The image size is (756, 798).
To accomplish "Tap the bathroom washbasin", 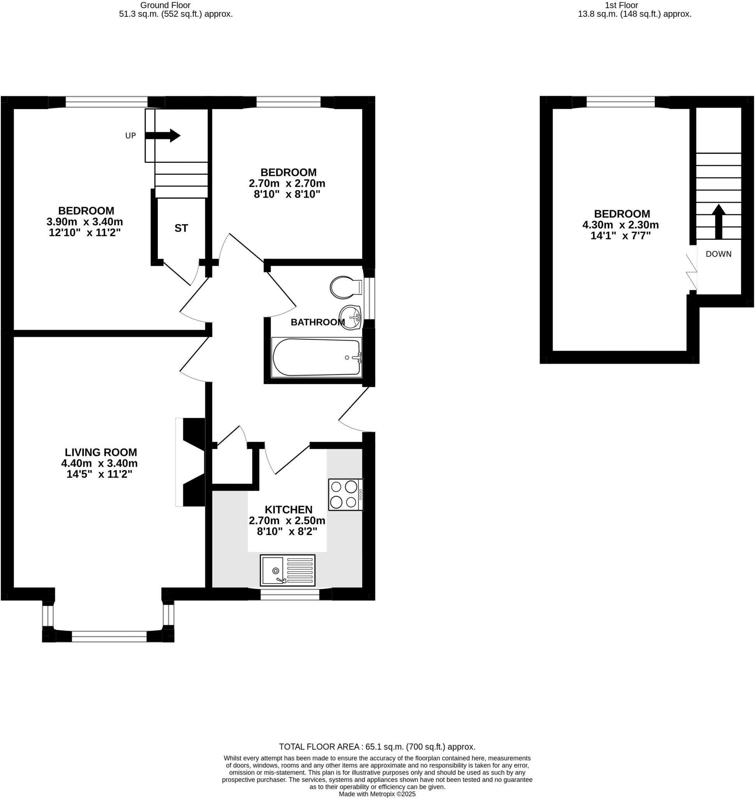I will (350, 318).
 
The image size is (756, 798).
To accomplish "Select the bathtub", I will (316, 357).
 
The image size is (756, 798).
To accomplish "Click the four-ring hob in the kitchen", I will (345, 494).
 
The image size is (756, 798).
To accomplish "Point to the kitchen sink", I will (287, 570).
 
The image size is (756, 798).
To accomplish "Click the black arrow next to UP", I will (163, 136).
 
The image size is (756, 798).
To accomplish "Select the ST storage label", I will (181, 228).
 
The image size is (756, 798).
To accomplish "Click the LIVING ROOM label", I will (101, 452).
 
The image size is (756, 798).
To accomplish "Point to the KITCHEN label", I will (288, 509).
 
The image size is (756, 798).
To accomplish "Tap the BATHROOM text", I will (317, 322).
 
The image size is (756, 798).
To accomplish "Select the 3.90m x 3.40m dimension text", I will (85, 222).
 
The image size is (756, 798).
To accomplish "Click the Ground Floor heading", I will (165, 5).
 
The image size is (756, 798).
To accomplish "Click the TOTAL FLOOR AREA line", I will (377, 747).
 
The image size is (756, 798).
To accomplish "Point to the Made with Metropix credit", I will (377, 794).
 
